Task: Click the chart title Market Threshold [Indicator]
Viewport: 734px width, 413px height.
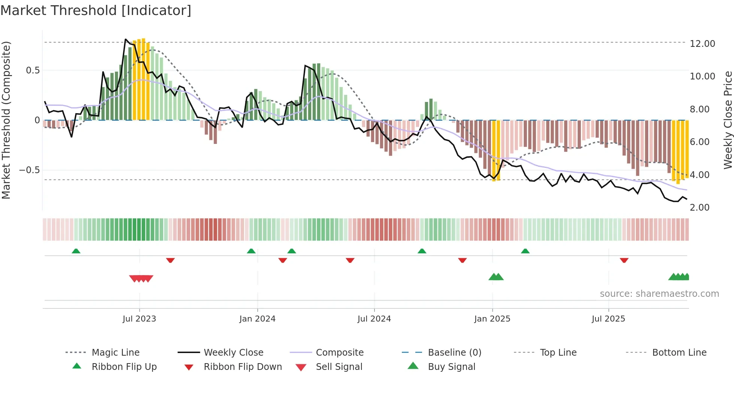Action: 96,10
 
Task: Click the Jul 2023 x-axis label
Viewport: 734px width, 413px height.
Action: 139,319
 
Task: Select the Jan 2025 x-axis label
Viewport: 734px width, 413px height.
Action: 492,319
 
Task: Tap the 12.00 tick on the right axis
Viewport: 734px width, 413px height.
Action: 702,44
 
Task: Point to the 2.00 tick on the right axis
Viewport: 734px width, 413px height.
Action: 699,208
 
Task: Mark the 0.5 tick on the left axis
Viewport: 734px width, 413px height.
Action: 33,70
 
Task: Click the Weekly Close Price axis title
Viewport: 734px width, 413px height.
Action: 728,120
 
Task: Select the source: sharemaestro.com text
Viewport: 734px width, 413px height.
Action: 659,294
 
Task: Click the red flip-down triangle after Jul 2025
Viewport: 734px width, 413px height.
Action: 624,260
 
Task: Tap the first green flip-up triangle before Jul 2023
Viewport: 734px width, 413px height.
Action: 76,251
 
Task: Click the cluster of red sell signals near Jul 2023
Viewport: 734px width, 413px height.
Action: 141,278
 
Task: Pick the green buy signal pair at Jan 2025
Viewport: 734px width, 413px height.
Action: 496,277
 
